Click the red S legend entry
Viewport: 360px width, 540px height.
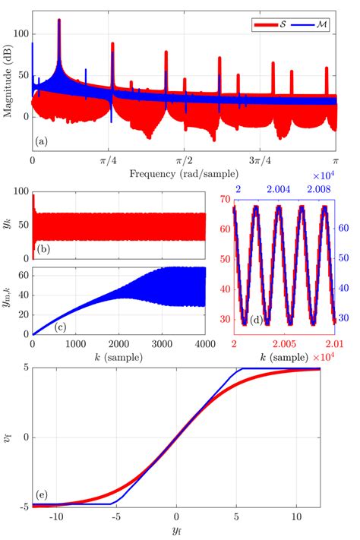point(270,25)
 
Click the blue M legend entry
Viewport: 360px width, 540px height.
point(311,25)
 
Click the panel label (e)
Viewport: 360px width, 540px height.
point(44,494)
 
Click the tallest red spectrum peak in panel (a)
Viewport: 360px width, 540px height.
point(59,21)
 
